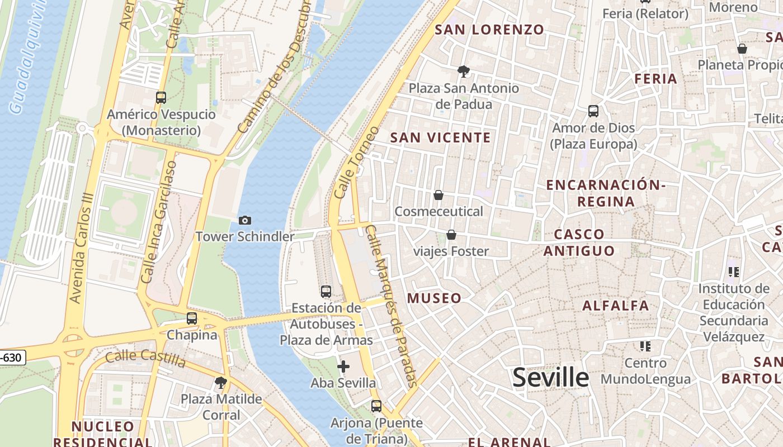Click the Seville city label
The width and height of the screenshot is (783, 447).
tap(551, 378)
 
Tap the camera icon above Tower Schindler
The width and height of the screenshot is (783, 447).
tap(244, 220)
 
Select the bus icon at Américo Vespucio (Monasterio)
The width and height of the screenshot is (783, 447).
tap(161, 98)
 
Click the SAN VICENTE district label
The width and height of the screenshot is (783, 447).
tap(440, 137)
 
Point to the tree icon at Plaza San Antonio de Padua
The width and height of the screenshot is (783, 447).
tap(463, 72)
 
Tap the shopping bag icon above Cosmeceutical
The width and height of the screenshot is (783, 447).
tap(438, 195)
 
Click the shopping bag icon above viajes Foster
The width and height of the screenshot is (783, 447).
tap(451, 235)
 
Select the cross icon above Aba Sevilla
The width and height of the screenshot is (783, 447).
tap(343, 367)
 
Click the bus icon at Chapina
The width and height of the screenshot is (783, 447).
tap(192, 318)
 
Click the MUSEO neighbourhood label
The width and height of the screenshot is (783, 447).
tap(435, 298)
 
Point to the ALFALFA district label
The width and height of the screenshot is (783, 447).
tap(616, 306)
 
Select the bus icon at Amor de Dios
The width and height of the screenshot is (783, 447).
tap(593, 111)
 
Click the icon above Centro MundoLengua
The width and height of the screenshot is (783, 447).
tap(645, 346)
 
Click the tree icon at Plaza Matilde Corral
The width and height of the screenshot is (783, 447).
tap(221, 383)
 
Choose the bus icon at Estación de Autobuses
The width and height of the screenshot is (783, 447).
tap(326, 291)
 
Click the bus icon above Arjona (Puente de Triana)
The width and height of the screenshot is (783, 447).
tap(376, 406)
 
